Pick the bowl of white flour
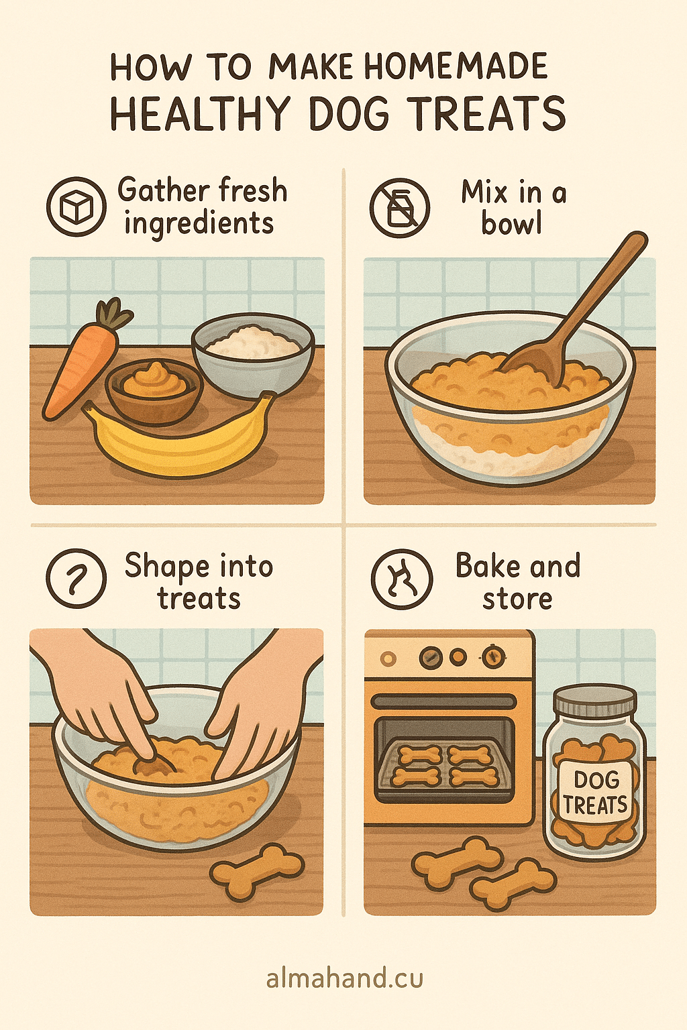point(252,352)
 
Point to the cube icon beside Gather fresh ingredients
point(76,207)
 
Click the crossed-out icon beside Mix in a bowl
point(400,208)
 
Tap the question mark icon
point(76,578)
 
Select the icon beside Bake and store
point(401,579)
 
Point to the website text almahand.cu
point(344,979)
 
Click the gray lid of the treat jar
point(594,701)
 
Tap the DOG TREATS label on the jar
point(594,792)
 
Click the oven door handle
point(443,702)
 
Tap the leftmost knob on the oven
point(388,659)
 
